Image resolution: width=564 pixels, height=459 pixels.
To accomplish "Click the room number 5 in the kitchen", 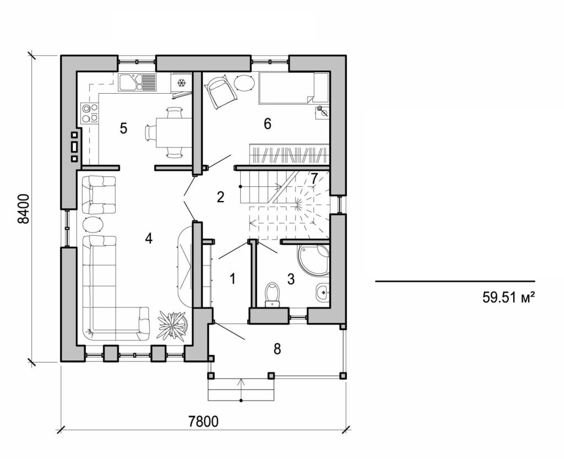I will [123, 128].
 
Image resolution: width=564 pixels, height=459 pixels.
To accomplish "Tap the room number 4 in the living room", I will [148, 238].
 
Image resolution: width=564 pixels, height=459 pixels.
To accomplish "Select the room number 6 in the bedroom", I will [267, 123].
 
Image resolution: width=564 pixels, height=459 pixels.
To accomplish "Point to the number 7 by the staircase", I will [313, 179].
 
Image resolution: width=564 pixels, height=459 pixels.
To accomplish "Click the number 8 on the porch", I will [277, 348].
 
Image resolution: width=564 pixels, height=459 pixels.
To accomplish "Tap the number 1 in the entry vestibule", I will [232, 279].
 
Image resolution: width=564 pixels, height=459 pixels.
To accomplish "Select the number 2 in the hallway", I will [220, 197].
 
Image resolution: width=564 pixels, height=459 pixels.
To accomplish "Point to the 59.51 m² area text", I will [509, 298].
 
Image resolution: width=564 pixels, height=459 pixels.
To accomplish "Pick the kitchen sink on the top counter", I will [138, 82].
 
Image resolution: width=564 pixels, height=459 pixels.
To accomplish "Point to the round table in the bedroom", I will [244, 83].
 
